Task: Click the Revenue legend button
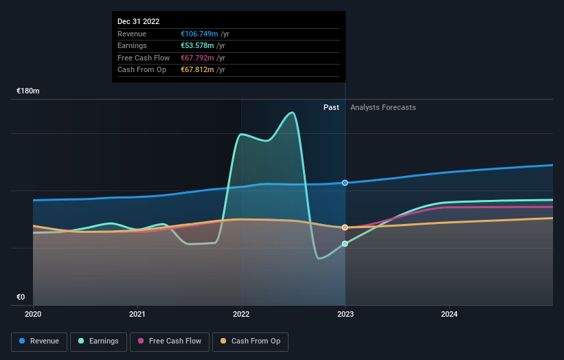coord(39,341)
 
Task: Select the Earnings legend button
coord(99,341)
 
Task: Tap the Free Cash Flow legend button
coord(170,341)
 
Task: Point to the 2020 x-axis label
coord(33,315)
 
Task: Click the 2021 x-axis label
coord(137,315)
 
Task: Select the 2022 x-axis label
coord(241,315)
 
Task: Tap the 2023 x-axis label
coord(345,315)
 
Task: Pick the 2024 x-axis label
coord(449,315)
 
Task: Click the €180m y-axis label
coord(28,91)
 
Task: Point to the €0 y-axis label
coord(21,297)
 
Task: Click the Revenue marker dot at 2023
coord(345,183)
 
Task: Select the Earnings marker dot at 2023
coord(345,243)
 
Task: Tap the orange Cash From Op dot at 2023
coord(345,227)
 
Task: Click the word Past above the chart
coord(331,107)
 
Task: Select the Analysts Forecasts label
coord(383,107)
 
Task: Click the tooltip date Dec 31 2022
coord(138,22)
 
